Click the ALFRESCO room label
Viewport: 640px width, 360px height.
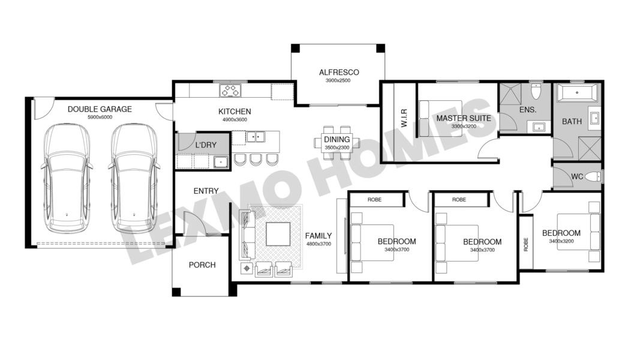339,72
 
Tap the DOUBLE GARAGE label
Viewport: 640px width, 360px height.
100,109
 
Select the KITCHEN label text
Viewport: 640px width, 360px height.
235,112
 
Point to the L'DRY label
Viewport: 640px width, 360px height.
206,145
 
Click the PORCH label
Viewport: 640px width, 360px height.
202,265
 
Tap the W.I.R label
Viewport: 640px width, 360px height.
404,118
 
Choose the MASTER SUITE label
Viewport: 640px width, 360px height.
464,118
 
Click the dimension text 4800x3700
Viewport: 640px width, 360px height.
319,244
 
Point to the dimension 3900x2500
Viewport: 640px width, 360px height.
338,80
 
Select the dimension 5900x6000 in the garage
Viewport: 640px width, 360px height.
100,117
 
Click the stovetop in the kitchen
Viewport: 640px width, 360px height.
230,90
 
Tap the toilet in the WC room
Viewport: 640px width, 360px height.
593,177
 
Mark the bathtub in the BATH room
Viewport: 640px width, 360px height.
577,92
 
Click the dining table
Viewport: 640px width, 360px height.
336,143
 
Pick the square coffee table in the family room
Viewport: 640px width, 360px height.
278,233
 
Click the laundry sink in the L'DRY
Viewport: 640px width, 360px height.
221,162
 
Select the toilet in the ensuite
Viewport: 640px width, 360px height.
536,91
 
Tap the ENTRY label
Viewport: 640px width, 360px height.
206,191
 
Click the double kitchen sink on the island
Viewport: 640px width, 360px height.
256,137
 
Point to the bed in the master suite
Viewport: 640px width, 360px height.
441,118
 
